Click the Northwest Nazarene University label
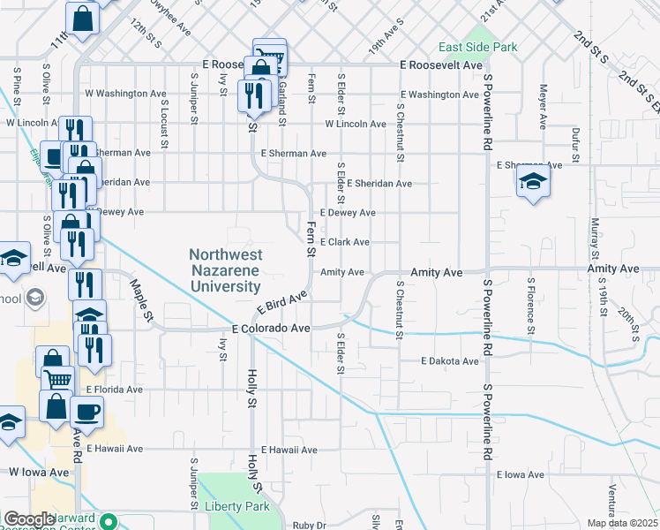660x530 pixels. coord(225,270)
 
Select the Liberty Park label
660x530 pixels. coord(236,506)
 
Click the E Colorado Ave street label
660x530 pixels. coord(271,328)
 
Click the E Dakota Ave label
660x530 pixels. coord(449,361)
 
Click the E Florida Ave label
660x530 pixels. coord(114,389)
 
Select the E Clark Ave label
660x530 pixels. coord(344,242)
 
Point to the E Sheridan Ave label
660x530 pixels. coord(379,184)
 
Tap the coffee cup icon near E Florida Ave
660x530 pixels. coord(86,411)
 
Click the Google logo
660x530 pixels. coord(28,519)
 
